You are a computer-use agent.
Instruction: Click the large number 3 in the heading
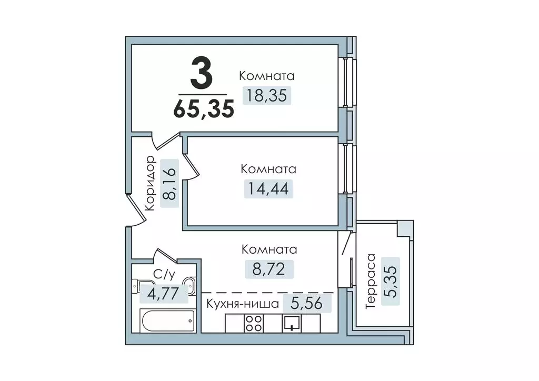pyautogui.click(x=202, y=74)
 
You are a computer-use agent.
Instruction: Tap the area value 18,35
pyautogui.click(x=267, y=96)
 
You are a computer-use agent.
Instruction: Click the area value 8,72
pyautogui.click(x=268, y=269)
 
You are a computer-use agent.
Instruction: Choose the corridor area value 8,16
pyautogui.click(x=169, y=184)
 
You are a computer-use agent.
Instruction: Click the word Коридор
pyautogui.click(x=149, y=184)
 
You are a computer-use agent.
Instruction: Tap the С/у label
pyautogui.click(x=161, y=274)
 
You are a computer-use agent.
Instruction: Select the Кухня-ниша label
pyautogui.click(x=242, y=304)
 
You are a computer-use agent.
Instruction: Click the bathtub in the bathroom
pyautogui.click(x=166, y=320)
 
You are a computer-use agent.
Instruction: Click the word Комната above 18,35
pyautogui.click(x=267, y=76)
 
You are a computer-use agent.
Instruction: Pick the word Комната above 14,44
pyautogui.click(x=268, y=169)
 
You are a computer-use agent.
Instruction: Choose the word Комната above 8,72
pyautogui.click(x=268, y=249)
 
